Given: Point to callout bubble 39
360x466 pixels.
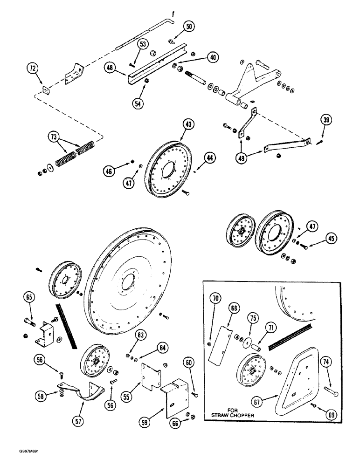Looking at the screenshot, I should pos(326,120).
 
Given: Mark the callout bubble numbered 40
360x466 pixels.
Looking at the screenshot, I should pos(212,57).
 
